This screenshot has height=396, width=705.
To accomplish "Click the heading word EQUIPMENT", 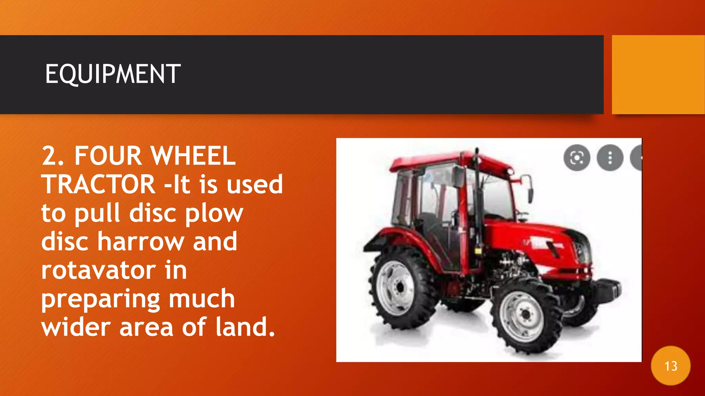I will [113, 74].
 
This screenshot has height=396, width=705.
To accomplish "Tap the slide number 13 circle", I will [671, 366].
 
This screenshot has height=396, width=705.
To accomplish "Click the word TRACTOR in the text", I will [98, 184].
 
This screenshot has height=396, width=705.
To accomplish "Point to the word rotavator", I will [98, 271].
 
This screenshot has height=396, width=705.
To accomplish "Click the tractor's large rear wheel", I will [399, 287].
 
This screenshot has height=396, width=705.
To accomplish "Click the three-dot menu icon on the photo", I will [610, 158].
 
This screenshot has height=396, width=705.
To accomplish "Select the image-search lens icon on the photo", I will [577, 158].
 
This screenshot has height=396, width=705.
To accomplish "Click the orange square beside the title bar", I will [658, 74].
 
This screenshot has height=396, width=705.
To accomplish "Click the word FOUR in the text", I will [108, 156].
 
